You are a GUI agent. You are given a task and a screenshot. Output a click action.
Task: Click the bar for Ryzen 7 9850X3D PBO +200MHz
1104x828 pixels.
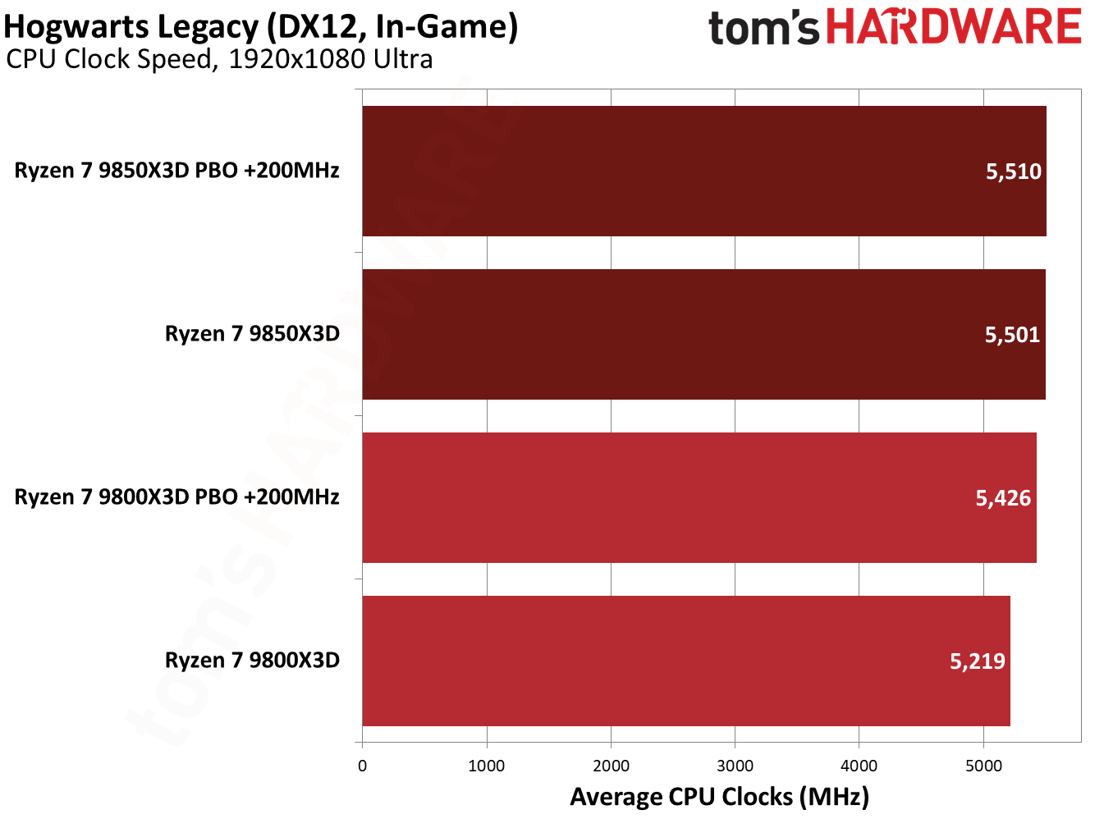[x=703, y=171]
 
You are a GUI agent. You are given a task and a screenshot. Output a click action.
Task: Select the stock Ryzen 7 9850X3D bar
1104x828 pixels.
[x=703, y=334]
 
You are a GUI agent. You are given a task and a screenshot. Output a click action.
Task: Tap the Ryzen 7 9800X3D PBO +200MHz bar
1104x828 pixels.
[x=699, y=497]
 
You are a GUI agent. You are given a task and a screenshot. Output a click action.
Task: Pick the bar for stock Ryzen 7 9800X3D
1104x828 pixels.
[x=685, y=661]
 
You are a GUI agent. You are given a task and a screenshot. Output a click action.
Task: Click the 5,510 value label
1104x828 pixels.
[x=1013, y=172]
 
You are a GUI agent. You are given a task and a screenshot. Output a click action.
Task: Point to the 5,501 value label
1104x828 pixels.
[x=1012, y=335]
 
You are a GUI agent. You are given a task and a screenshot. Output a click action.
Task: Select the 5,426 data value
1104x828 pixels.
[x=1003, y=498]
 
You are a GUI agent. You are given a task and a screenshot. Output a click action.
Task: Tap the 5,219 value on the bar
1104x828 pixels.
[x=977, y=661]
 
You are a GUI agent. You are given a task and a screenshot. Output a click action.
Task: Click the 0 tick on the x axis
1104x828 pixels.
[x=363, y=766]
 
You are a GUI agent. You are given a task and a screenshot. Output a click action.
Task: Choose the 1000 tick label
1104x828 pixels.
[x=487, y=766]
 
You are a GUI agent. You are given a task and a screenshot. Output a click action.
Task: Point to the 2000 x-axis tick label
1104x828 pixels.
[x=611, y=766]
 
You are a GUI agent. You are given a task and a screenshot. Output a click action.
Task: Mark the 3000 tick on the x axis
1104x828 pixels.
[x=735, y=766]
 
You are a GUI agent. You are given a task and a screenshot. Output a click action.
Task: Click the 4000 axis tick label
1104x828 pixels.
[x=859, y=766]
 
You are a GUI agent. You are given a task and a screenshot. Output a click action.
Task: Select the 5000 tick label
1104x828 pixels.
[x=983, y=766]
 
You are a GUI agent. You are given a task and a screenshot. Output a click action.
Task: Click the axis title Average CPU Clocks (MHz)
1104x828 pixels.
[x=719, y=797]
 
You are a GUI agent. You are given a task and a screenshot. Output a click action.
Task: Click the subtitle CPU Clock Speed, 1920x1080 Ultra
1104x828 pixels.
[x=219, y=59]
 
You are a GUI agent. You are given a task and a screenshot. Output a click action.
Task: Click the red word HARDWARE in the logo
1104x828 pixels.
[x=953, y=27]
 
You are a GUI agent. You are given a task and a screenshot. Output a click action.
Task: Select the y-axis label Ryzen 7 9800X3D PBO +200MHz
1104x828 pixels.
[x=176, y=497]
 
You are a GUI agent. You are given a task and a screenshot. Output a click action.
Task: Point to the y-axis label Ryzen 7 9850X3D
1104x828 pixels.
[x=252, y=334]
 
